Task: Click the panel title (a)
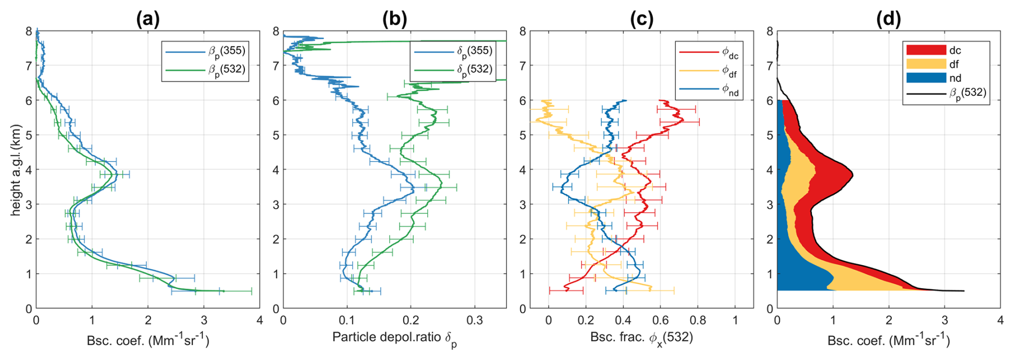point(148,19)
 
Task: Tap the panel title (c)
point(641,19)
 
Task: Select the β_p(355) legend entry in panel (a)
point(206,51)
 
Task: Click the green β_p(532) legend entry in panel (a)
point(206,70)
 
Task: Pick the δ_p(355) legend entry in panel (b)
point(452,51)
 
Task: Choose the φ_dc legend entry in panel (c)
point(709,52)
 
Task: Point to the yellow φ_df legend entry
point(709,71)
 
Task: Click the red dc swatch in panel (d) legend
point(926,50)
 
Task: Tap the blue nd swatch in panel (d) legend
point(926,78)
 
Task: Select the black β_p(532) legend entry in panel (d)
point(946,93)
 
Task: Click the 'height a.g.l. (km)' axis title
point(16,170)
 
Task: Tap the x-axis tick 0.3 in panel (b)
point(474,320)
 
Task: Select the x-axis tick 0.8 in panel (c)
point(698,320)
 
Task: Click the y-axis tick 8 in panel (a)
point(29,31)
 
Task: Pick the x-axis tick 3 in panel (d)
point(944,320)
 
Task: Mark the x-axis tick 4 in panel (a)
point(259,320)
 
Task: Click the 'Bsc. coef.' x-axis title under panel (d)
point(888,341)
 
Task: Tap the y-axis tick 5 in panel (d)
point(770,135)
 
